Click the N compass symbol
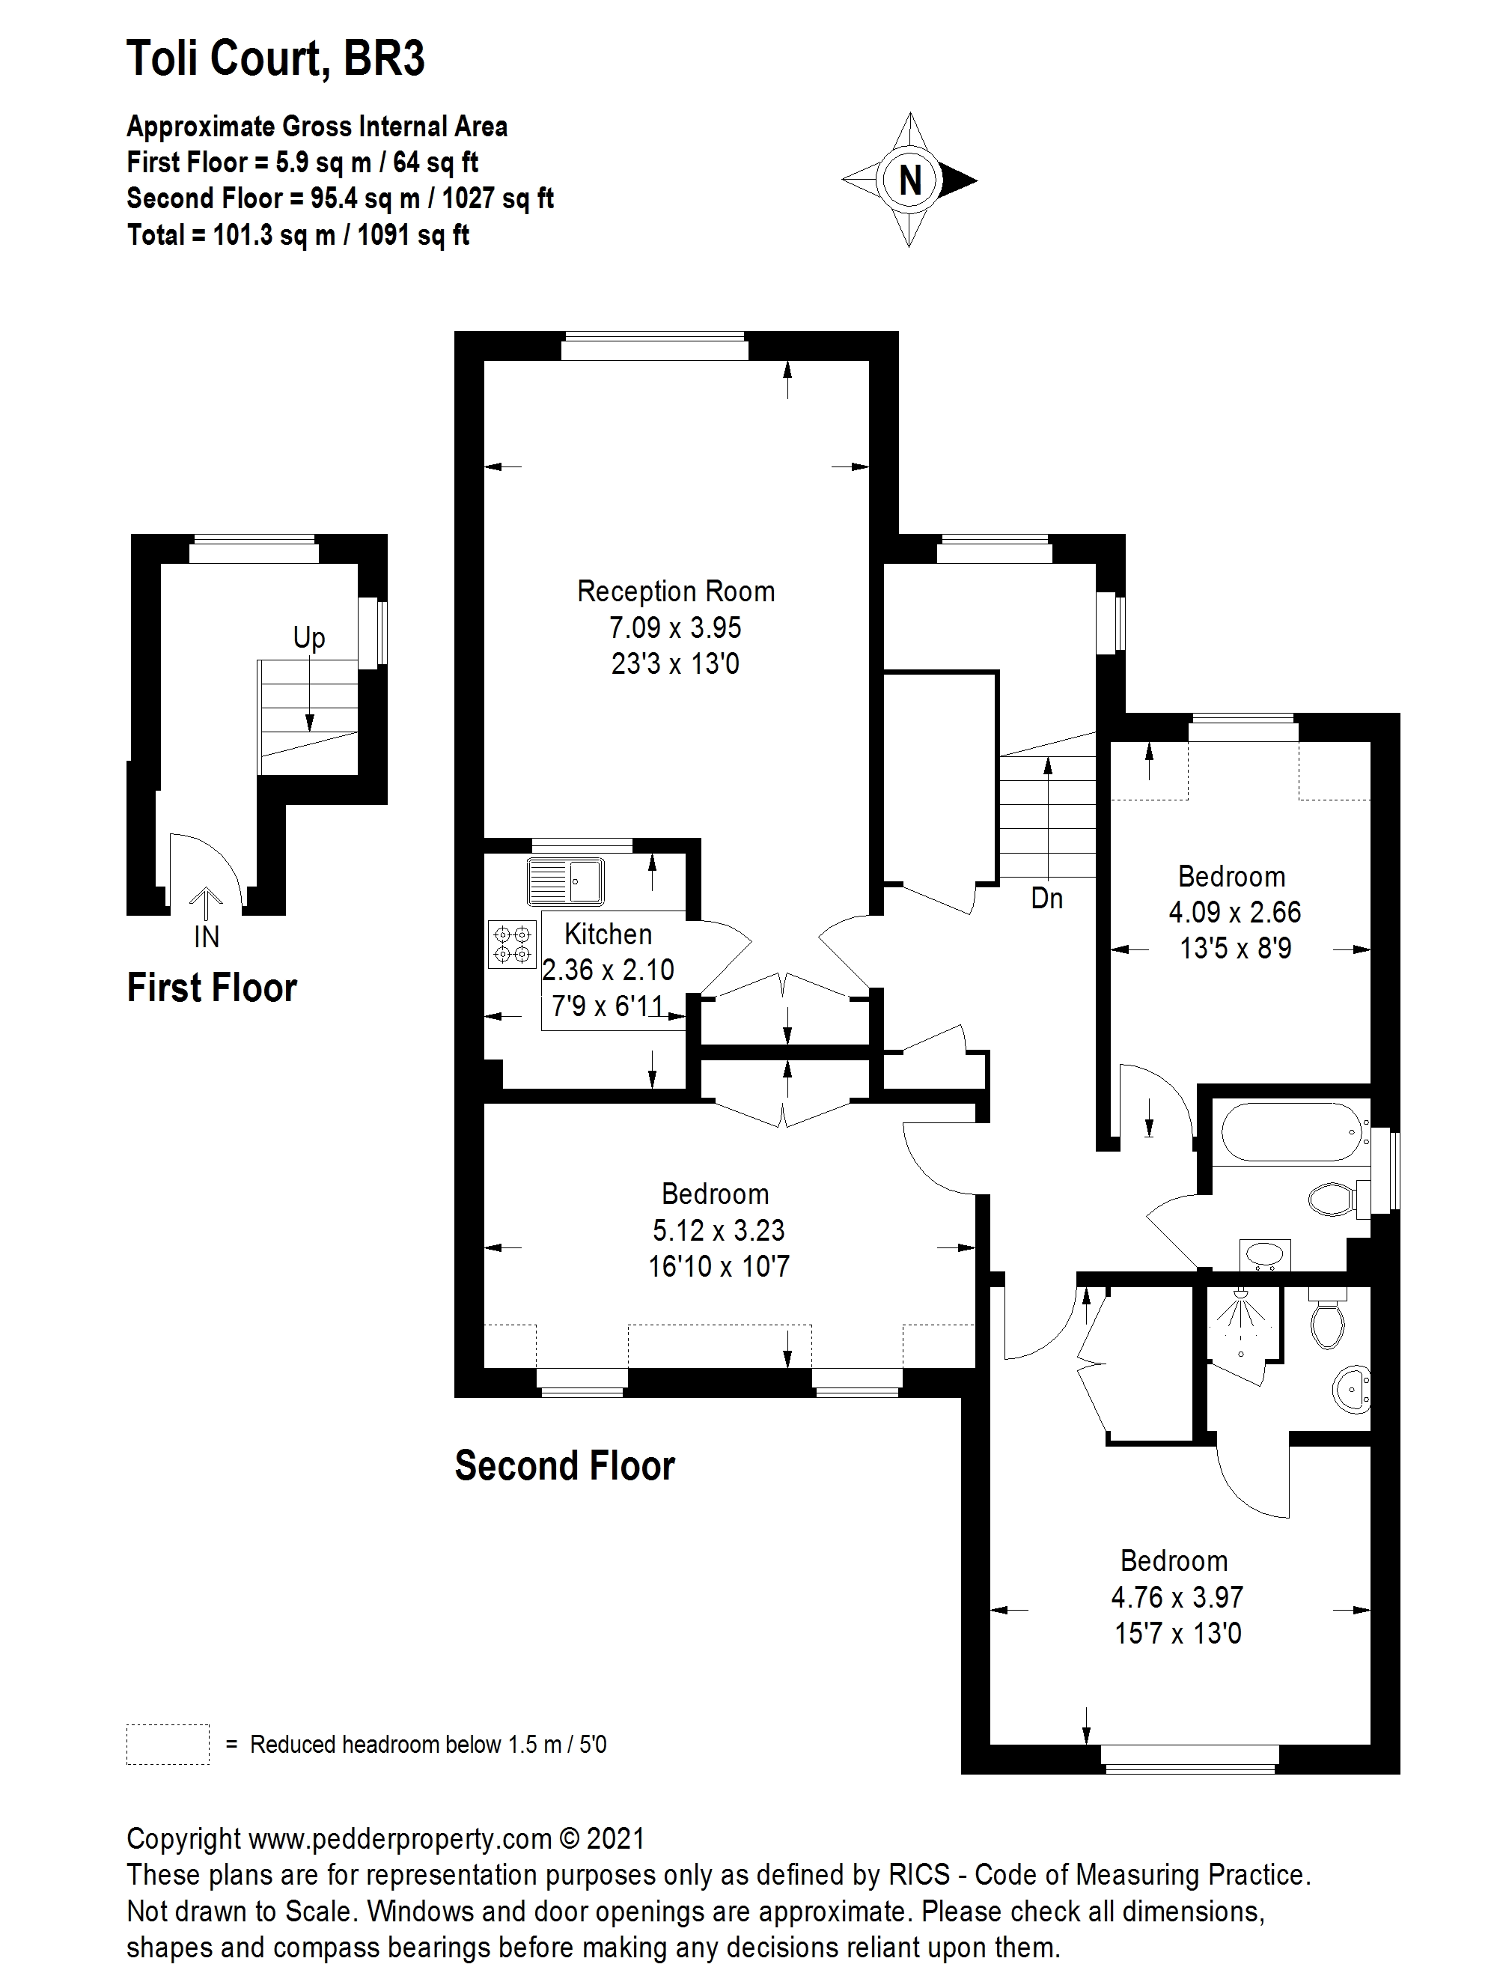coord(909,180)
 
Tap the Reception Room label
coord(675,592)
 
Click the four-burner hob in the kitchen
coord(510,944)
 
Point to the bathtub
coord(1290,1134)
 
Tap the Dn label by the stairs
coord(1046,898)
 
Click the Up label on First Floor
coord(309,638)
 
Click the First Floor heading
coord(211,988)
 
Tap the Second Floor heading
coord(564,1466)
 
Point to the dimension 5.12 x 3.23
coord(719,1230)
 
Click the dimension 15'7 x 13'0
coord(1177,1634)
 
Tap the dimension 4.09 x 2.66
coord(1234,912)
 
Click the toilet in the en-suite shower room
coord(1326,1320)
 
